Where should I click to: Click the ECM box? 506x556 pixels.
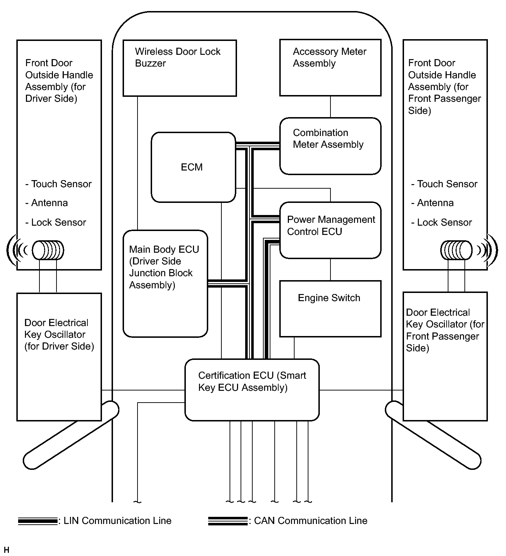click(193, 167)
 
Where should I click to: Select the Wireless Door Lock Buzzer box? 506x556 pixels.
click(179, 68)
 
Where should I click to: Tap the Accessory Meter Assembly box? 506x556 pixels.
click(330, 68)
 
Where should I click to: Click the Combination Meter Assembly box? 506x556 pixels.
click(330, 146)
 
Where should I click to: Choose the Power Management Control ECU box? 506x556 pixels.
click(330, 230)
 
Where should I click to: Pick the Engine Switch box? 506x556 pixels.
click(330, 308)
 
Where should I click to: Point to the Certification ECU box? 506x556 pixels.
click(252, 389)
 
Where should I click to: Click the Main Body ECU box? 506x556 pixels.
click(165, 283)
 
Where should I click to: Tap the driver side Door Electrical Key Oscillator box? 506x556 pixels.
click(59, 357)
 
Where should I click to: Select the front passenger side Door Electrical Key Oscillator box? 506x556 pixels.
click(445, 356)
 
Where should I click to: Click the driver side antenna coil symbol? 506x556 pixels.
click(48, 250)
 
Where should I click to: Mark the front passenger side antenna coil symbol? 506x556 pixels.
click(457, 250)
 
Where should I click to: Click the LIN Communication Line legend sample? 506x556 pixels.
click(37, 521)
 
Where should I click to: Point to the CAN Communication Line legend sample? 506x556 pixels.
click(227, 521)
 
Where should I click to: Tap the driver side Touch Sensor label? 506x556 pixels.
click(59, 184)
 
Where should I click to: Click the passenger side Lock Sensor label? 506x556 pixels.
click(442, 222)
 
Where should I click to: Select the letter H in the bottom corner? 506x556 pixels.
click(6, 550)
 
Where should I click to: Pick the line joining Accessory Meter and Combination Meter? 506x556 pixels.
click(330, 107)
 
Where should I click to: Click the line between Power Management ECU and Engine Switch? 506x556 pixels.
click(330, 269)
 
